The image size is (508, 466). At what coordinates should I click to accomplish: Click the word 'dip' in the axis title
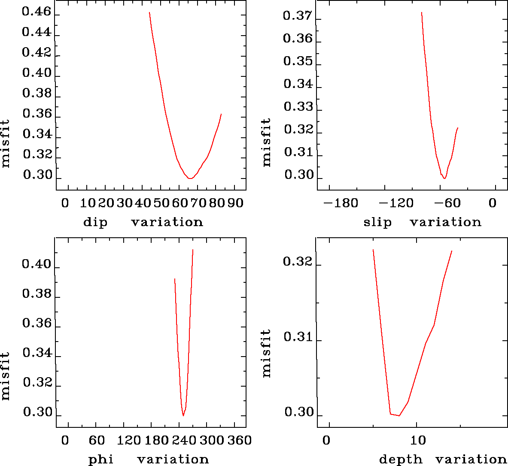(x=95, y=222)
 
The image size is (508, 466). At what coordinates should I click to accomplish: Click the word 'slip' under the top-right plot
(x=377, y=222)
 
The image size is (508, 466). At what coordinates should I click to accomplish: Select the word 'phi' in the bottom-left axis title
(x=101, y=460)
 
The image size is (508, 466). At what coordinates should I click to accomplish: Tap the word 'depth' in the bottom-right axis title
(x=400, y=460)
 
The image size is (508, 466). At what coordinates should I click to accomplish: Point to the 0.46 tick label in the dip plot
(x=36, y=12)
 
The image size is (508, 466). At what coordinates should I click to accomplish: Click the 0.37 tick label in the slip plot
(x=297, y=16)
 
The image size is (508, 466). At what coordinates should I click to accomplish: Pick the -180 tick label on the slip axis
(x=341, y=203)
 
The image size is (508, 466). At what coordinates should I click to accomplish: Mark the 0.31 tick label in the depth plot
(x=297, y=337)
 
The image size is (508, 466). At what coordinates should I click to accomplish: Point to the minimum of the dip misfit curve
(x=190, y=178)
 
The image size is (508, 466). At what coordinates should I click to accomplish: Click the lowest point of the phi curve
(x=183, y=415)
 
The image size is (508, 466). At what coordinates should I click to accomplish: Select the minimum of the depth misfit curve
(x=399, y=415)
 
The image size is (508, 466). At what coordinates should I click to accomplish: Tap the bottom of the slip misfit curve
(x=445, y=178)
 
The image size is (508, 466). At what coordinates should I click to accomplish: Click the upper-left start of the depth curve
(x=373, y=250)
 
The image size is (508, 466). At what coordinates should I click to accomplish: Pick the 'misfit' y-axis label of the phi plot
(x=6, y=376)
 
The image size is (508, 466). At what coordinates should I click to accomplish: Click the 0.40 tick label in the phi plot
(x=36, y=265)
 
